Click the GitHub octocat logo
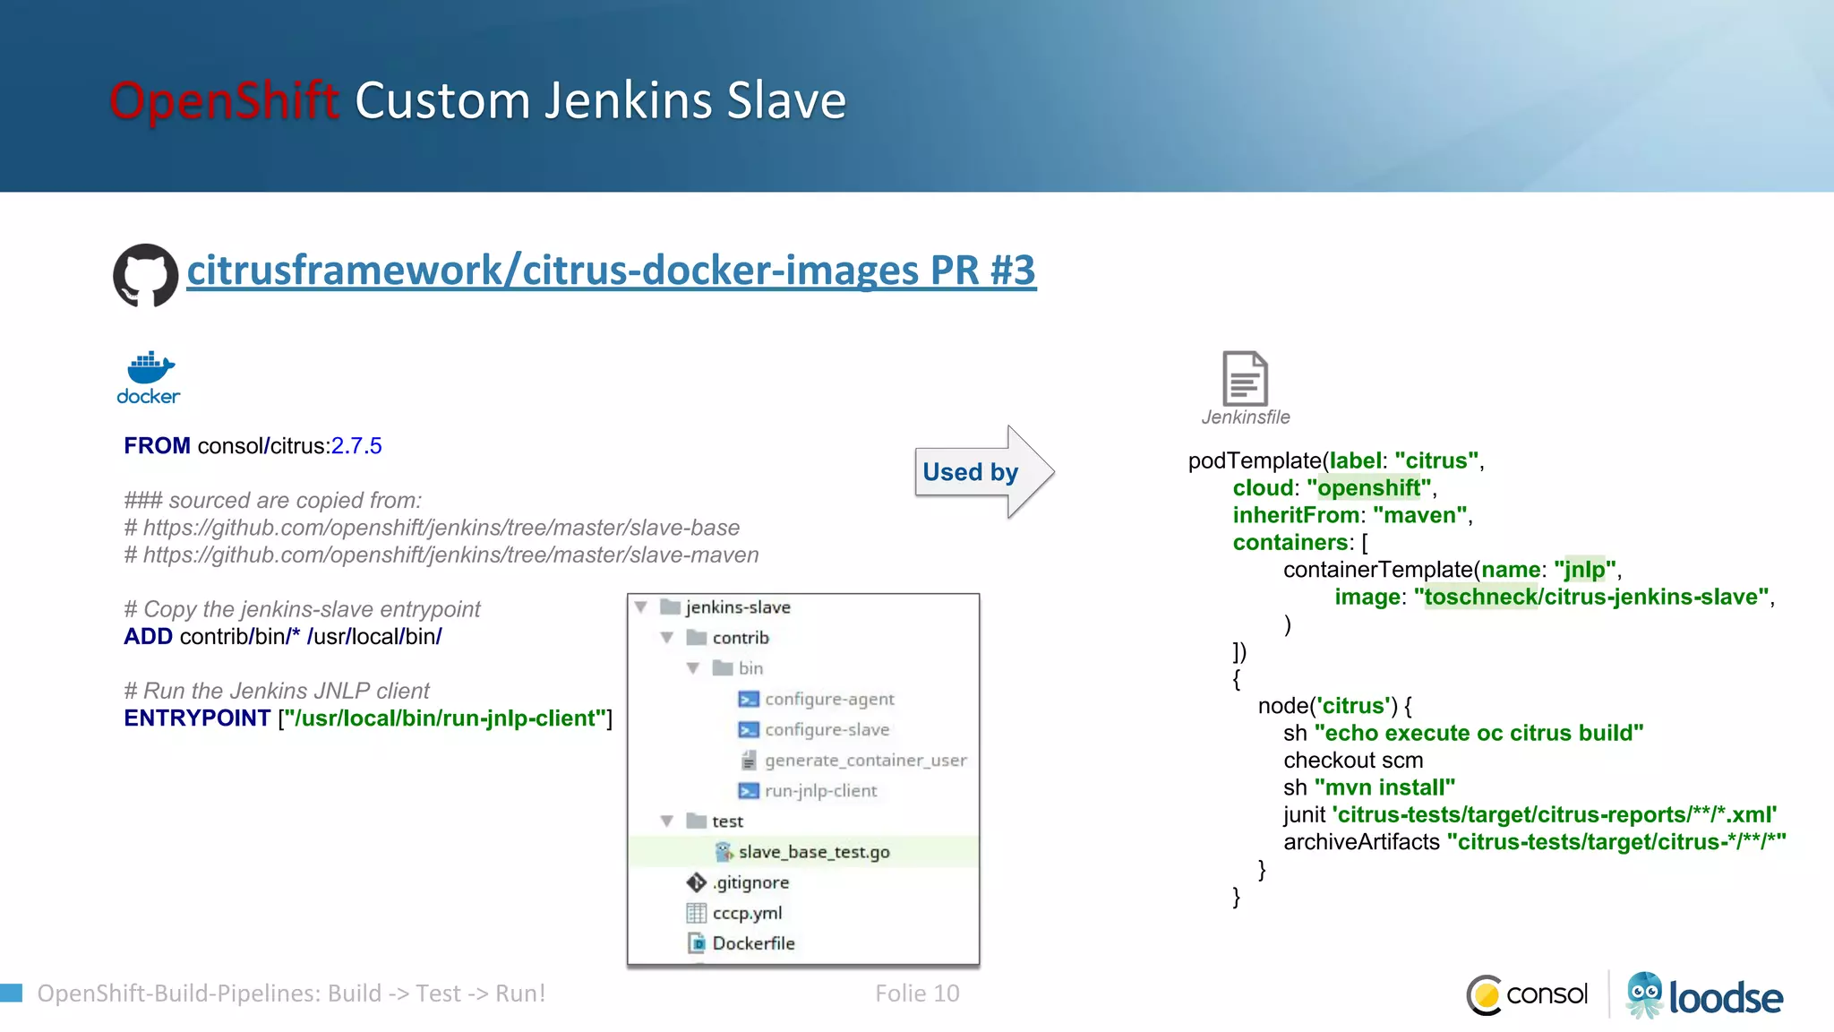point(145,275)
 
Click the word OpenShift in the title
point(224,100)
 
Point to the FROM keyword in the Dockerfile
point(157,446)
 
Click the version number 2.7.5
point(356,446)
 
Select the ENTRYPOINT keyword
point(197,718)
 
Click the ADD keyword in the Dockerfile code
point(148,637)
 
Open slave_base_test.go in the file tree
point(813,852)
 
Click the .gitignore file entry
point(750,882)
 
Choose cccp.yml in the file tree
point(747,913)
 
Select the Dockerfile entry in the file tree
point(753,943)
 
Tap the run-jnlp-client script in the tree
point(820,791)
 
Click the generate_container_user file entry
point(865,761)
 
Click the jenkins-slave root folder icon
point(670,607)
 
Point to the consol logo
point(1528,994)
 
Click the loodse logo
point(1705,996)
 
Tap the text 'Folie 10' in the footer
point(917,993)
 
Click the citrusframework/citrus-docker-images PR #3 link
point(611,271)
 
